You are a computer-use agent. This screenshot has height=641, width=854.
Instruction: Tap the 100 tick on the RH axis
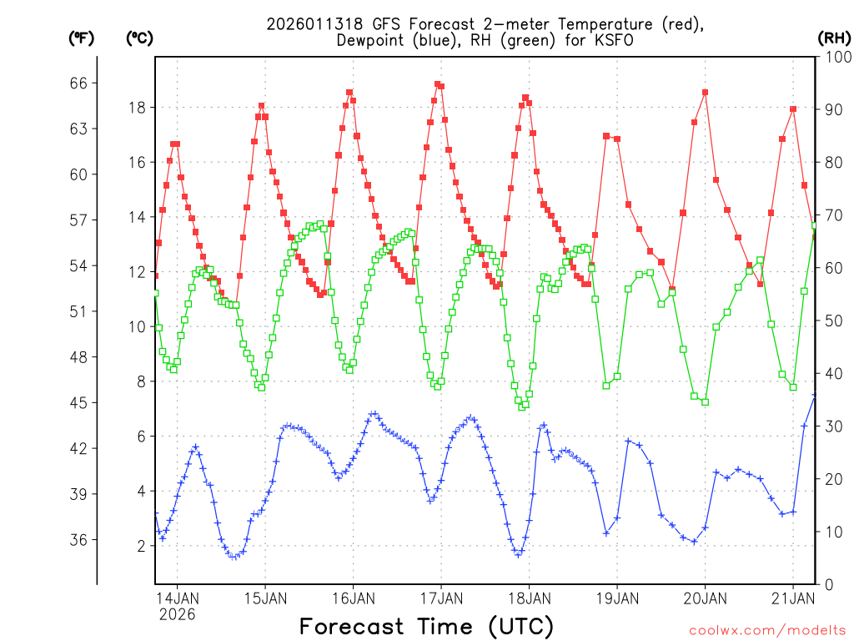click(x=834, y=57)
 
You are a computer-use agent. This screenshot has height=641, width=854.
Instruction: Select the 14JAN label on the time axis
click(x=177, y=598)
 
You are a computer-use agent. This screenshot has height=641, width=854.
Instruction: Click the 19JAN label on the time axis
click(x=616, y=598)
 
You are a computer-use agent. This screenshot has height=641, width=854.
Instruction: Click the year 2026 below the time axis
click(x=177, y=614)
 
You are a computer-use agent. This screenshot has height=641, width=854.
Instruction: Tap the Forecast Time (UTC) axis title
click(x=426, y=626)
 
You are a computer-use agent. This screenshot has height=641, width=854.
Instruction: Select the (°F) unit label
click(x=82, y=38)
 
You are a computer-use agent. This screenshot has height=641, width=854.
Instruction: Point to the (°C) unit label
click(x=138, y=38)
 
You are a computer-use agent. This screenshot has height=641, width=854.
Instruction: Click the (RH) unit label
click(x=833, y=38)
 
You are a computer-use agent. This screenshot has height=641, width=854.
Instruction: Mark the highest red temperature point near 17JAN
click(x=437, y=83)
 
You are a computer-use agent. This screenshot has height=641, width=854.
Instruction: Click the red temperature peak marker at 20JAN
click(x=705, y=93)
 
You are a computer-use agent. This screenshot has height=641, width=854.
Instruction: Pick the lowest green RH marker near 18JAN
click(x=522, y=406)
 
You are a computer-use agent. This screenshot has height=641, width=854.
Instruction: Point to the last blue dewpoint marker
click(x=815, y=396)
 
